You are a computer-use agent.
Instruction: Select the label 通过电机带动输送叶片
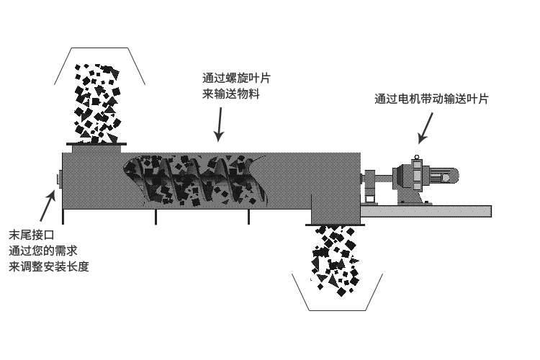(431, 100)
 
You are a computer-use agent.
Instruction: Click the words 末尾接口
(31, 235)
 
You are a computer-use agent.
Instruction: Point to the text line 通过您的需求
(42, 251)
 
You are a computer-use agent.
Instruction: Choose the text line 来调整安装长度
(48, 266)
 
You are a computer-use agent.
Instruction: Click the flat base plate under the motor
(425, 211)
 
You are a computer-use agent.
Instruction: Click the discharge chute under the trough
(334, 214)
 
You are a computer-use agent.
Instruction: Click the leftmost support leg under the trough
(63, 215)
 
